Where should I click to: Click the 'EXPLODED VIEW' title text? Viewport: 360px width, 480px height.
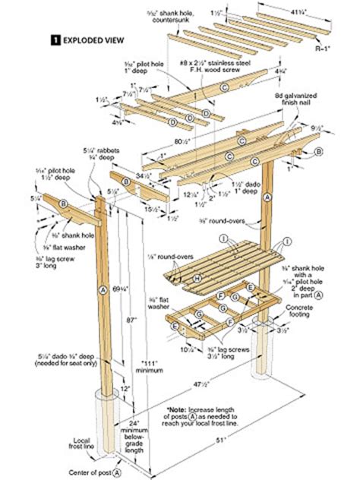[90, 37]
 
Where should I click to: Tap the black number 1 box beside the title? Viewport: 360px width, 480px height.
[55, 37]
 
